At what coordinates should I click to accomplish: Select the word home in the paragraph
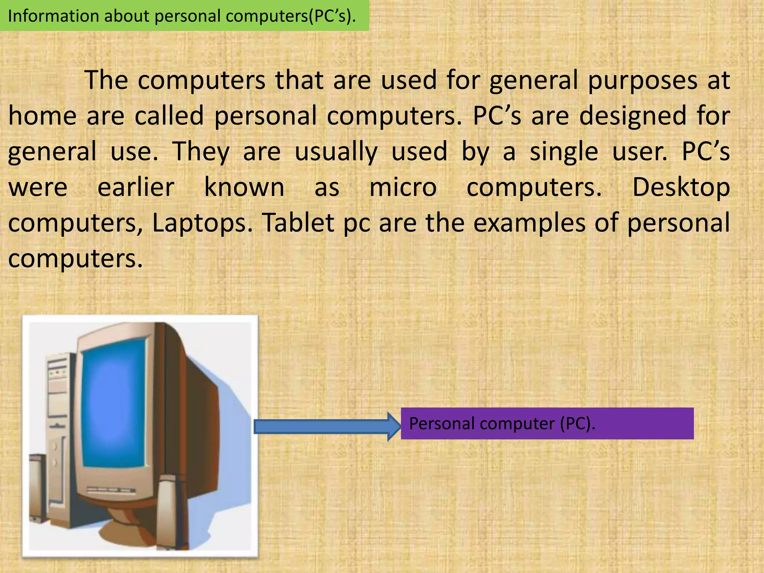42,116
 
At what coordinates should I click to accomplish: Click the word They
201,152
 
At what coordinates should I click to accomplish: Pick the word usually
336,152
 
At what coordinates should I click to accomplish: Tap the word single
564,152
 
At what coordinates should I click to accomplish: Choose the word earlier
136,187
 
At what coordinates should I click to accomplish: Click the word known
244,187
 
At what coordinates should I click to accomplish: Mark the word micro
403,187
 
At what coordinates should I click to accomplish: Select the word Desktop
681,187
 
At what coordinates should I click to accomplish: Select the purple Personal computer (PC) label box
547,423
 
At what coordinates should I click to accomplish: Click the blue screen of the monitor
113,403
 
